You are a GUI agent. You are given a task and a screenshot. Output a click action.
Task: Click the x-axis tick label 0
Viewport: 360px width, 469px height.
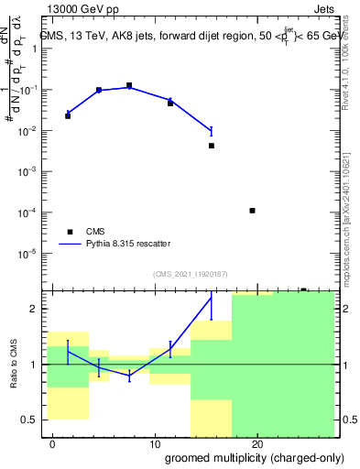point(53,444)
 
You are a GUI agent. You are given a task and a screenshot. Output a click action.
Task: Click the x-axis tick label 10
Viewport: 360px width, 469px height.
point(156,444)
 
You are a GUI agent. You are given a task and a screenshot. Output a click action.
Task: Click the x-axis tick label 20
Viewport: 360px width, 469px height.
point(257,444)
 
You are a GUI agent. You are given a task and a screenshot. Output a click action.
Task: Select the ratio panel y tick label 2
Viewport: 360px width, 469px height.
point(37,309)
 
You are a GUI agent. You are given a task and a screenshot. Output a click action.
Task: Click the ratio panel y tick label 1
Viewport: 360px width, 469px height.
point(37,365)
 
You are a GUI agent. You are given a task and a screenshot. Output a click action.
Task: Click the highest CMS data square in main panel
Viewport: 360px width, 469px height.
point(129,85)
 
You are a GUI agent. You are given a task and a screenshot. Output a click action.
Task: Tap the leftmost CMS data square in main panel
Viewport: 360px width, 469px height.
point(68,116)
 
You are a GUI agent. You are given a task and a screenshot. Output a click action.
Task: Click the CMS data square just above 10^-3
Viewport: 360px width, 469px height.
point(212,146)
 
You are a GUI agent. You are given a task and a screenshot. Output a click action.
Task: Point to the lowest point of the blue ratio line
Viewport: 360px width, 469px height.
point(129,376)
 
